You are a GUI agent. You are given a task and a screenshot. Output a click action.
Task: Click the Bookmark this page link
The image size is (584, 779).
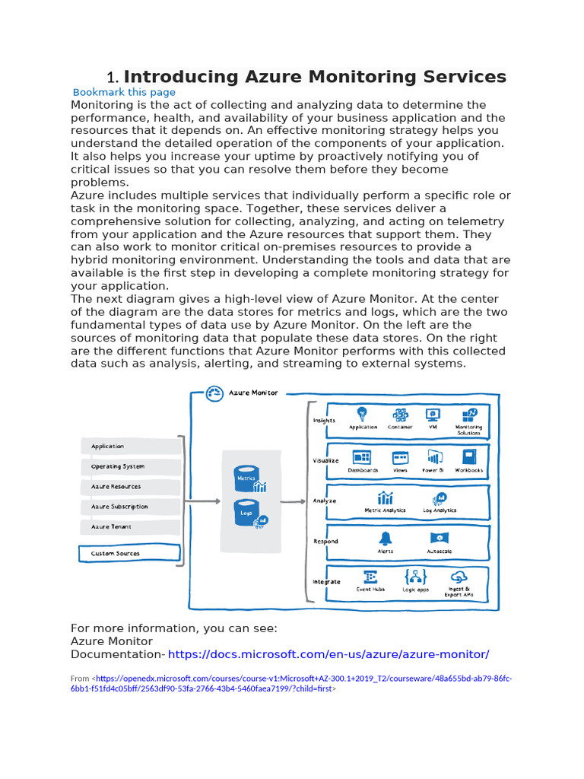tap(124, 92)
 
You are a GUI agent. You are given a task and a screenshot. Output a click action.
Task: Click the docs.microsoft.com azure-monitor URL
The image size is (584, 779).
tap(328, 654)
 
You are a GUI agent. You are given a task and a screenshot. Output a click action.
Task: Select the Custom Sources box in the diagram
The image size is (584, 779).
tap(129, 554)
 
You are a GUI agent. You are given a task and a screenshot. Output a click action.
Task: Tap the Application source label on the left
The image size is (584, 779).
tap(108, 447)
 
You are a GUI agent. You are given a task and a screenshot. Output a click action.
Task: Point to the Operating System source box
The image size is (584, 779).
tap(129, 466)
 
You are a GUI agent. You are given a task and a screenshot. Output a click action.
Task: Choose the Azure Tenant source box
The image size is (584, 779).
tap(129, 526)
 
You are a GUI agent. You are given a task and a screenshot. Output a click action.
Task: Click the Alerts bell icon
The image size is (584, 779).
tap(386, 539)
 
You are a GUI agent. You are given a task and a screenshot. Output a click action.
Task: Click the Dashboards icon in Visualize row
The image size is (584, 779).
tap(362, 457)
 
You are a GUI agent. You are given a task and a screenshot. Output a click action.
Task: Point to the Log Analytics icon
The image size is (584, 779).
tap(440, 499)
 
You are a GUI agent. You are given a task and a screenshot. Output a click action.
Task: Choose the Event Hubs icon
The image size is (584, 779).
tap(370, 577)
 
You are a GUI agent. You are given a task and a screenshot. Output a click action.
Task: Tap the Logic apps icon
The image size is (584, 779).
tap(415, 577)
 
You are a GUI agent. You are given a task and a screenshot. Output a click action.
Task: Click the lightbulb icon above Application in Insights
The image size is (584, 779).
tap(363, 414)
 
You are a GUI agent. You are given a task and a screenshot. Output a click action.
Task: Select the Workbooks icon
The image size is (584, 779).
tap(468, 457)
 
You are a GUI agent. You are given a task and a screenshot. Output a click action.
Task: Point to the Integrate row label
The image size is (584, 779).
tap(326, 582)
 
